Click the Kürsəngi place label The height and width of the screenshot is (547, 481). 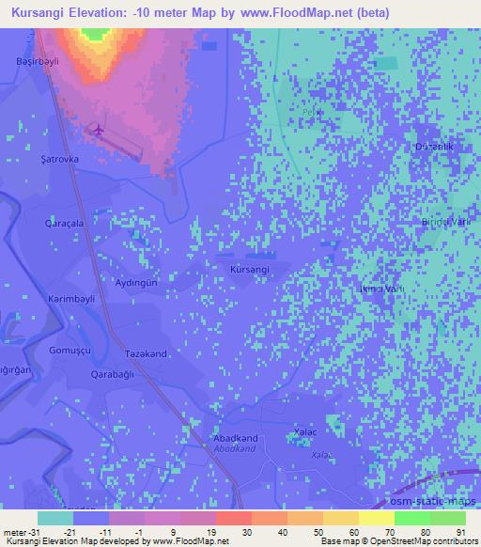[249, 270]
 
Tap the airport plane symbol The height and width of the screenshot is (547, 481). [98, 130]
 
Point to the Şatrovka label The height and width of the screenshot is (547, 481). [59, 160]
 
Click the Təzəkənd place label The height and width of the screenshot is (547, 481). [146, 354]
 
